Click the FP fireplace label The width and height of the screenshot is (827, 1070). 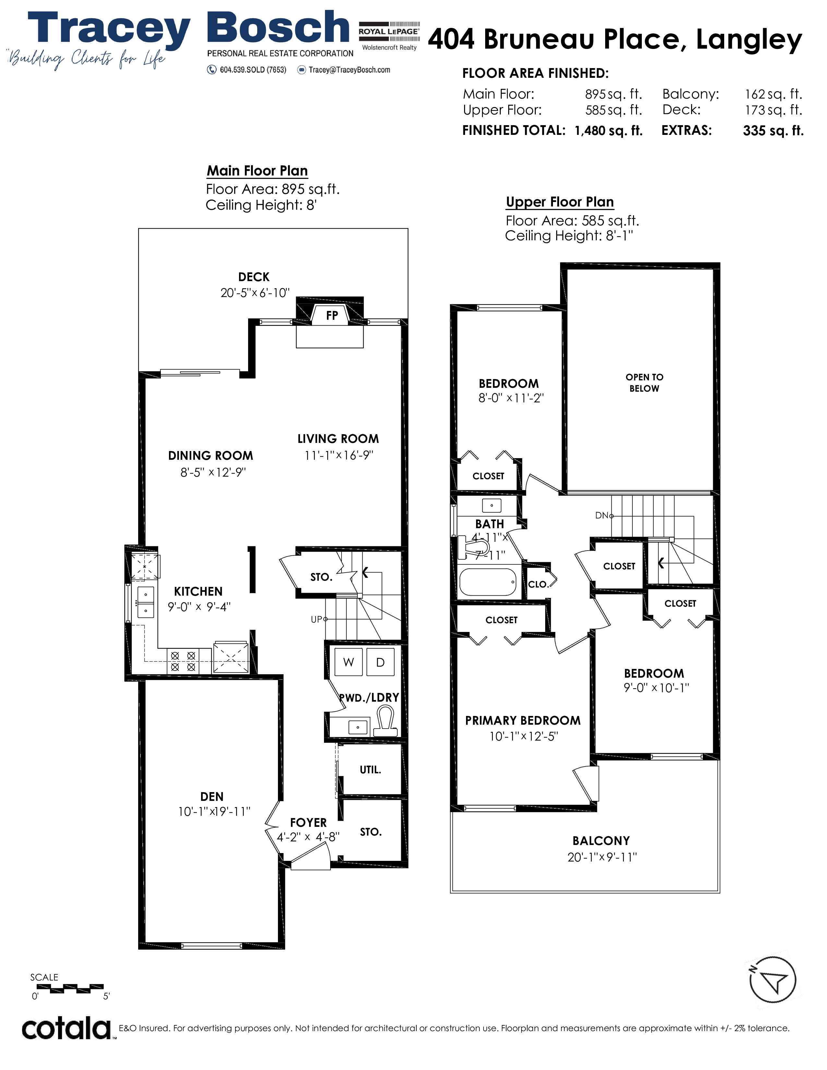coord(332,315)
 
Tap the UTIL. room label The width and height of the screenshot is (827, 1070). coord(370,770)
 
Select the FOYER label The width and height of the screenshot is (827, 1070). coord(308,823)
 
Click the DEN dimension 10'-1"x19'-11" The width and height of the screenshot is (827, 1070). coord(214,812)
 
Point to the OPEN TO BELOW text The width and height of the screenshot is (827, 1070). coord(644,383)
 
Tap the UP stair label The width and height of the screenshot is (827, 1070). coord(317,619)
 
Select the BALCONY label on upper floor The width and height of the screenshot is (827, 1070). coord(601,841)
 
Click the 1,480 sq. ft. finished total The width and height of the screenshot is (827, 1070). coord(608,130)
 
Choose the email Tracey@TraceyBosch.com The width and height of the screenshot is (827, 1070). coord(349,70)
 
